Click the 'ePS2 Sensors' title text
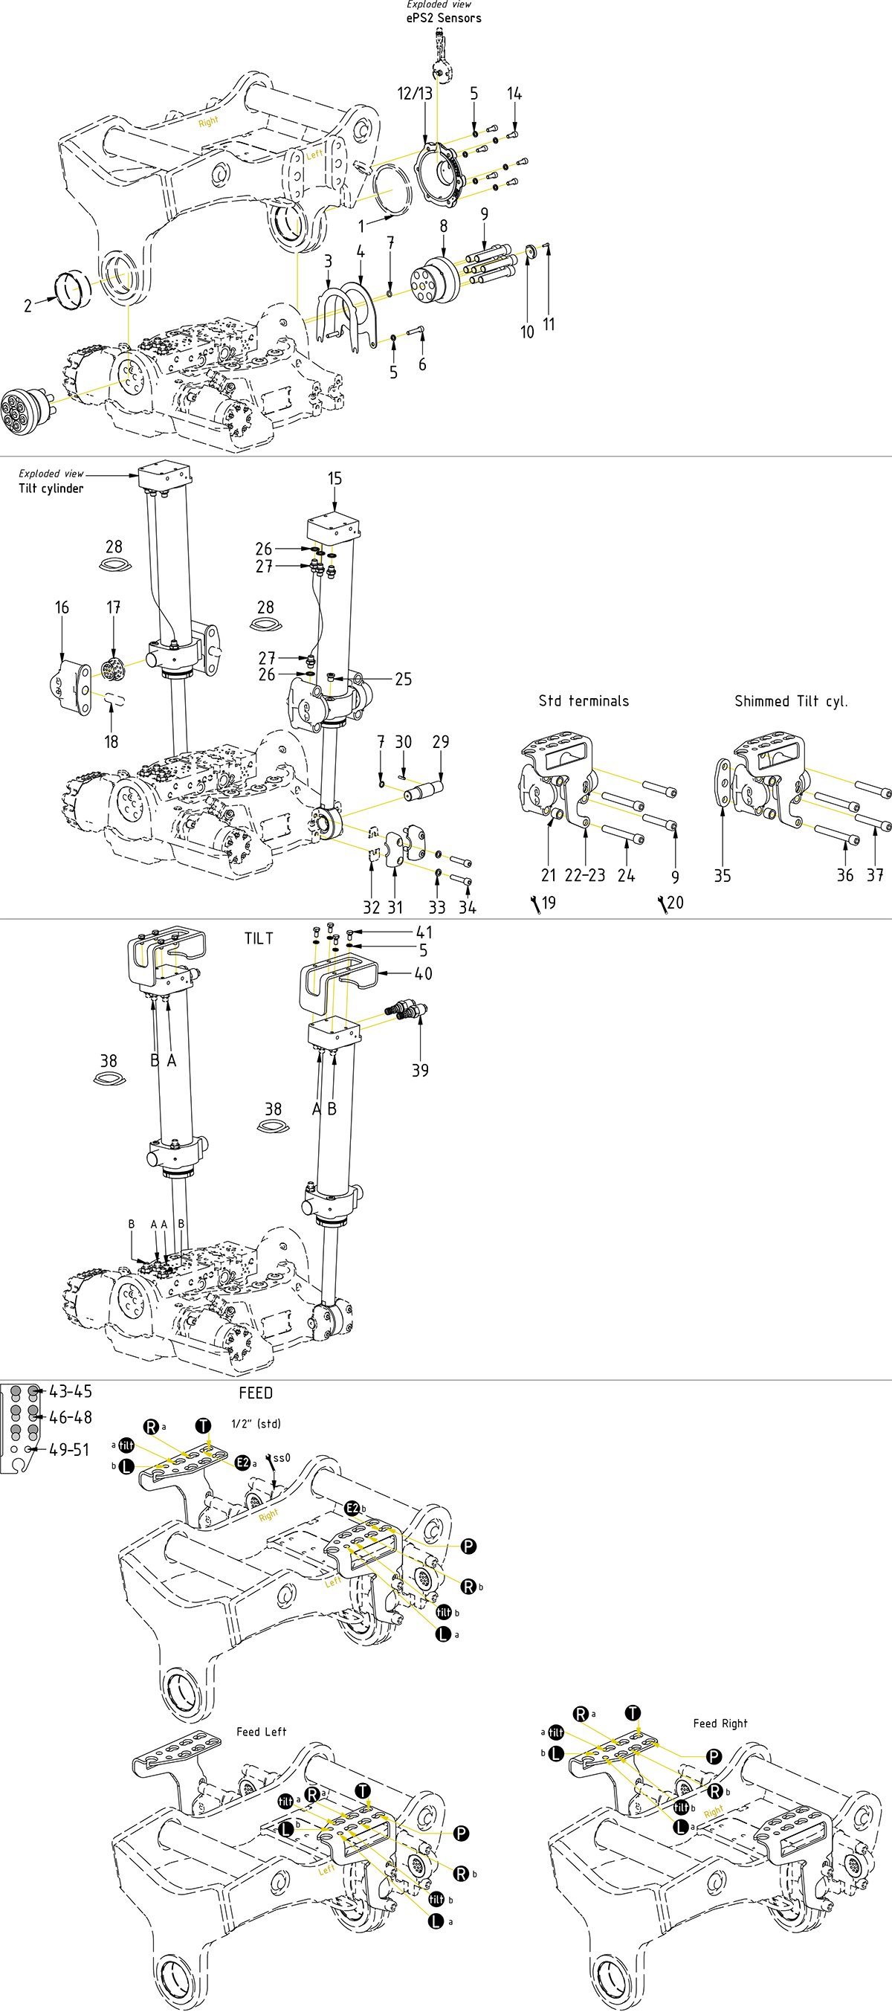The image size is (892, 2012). pos(444,18)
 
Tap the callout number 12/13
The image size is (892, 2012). pos(415,94)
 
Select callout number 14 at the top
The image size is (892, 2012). pos(514,94)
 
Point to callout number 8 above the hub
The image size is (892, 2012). pos(444,227)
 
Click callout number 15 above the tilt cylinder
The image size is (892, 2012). pos(334,479)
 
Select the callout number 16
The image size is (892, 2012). pos(62,607)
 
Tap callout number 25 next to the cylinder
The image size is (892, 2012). pos(403,680)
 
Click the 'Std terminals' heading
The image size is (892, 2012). pos(584,700)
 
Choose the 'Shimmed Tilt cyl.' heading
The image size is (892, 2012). pos(790,701)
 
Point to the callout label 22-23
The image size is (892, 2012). pos(585,876)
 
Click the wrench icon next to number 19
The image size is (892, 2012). pos(536,903)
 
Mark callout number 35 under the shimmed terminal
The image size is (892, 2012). pos(723,877)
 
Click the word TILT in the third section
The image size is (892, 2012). pos(259,939)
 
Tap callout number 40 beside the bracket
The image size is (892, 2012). pos(424,974)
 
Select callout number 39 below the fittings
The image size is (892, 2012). pos(420,1070)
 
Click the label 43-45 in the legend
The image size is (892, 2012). pos(71,1391)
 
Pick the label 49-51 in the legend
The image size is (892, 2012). pos(70,1450)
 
